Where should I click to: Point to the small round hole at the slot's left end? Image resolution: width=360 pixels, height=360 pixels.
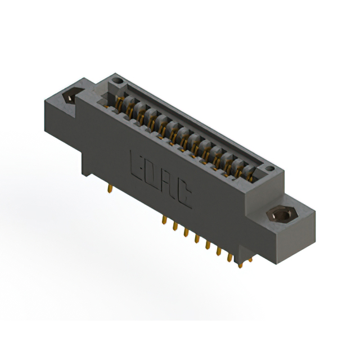117,82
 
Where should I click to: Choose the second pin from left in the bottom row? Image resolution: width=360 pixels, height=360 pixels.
174,226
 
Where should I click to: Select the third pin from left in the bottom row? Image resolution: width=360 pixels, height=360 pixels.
185,232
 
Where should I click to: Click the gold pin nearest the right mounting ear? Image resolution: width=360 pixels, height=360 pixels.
242,260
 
